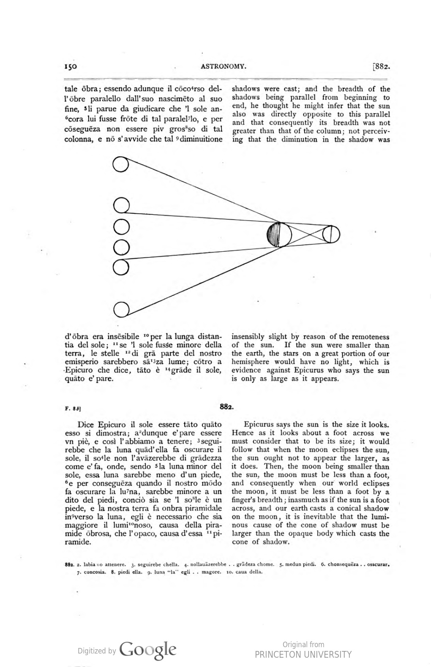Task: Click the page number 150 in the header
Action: pos(70,66)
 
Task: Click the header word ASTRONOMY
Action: pos(224,66)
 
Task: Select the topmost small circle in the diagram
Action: pos(121,164)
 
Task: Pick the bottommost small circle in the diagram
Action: pos(121,309)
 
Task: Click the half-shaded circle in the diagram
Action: pos(279,234)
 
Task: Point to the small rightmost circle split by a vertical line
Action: pos(331,235)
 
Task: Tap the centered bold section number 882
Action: pos(226,407)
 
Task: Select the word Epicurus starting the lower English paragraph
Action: pos(259,425)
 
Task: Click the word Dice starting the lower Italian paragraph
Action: pos(86,425)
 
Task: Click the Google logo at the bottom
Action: pos(148,650)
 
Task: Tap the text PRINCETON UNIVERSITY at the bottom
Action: pos(303,654)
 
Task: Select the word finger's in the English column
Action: pos(245,500)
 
